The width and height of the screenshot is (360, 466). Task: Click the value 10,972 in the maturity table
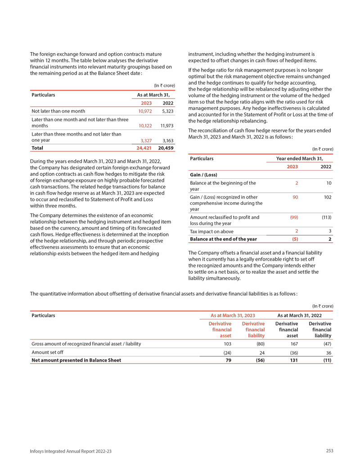[x=145, y=110]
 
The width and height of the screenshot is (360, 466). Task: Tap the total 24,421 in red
[x=144, y=147]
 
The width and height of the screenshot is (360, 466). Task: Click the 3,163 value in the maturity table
[x=167, y=140]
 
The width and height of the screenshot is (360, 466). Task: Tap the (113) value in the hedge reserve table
[x=327, y=217]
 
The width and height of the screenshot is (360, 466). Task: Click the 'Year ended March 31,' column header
[x=300, y=158]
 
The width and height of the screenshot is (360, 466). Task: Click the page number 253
[x=329, y=451]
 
